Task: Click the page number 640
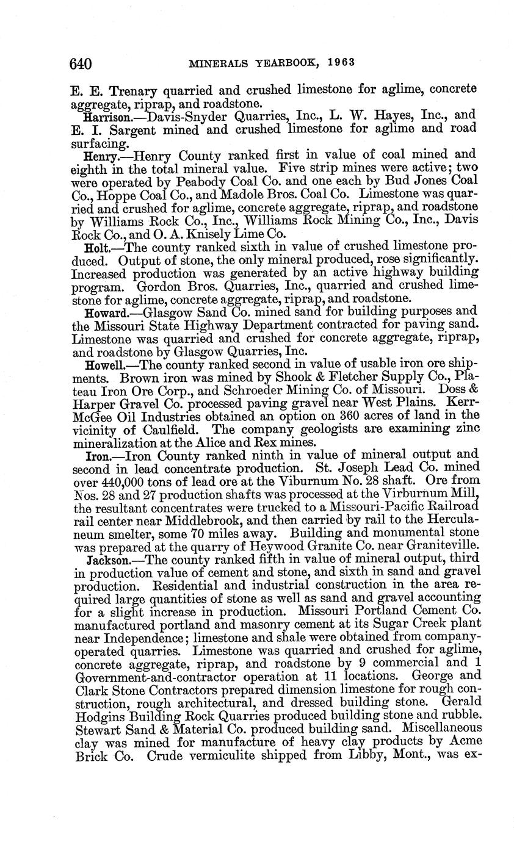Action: click(81, 64)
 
